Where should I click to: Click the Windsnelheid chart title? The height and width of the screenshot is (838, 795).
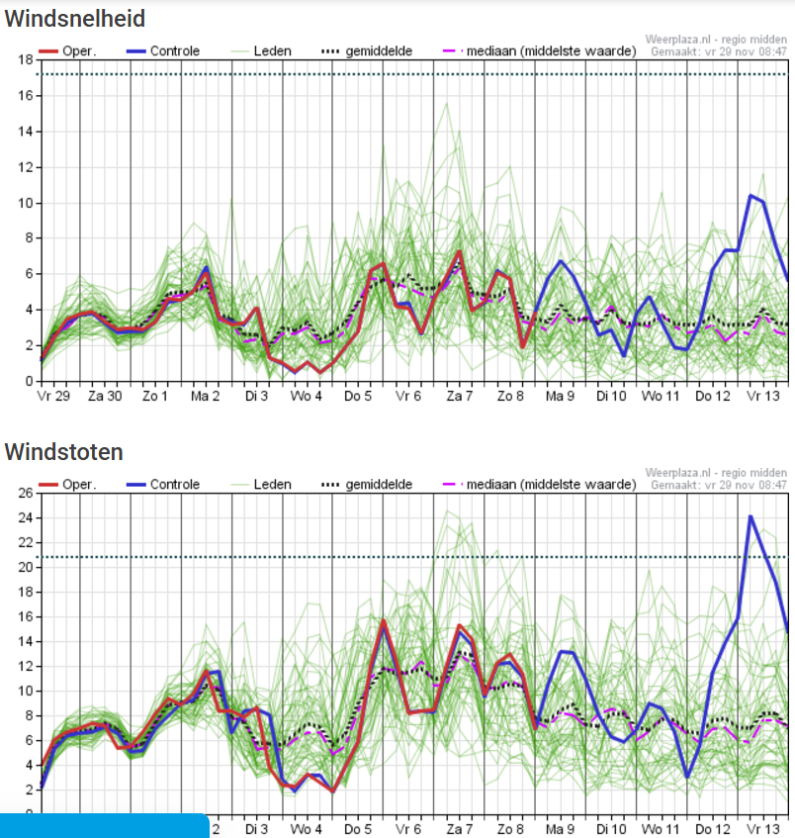[75, 19]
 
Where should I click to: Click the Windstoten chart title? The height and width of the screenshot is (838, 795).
[64, 452]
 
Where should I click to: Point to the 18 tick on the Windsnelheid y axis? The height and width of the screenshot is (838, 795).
[26, 59]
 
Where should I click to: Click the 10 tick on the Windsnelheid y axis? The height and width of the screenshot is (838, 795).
[26, 203]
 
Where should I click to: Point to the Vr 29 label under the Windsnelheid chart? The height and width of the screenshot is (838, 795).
[55, 397]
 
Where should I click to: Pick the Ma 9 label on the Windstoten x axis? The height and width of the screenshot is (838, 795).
[561, 828]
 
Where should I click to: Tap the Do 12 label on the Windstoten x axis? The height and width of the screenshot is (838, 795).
[712, 828]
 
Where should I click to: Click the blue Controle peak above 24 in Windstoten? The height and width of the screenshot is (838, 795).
[751, 515]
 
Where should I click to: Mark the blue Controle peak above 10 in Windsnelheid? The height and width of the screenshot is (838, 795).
[751, 195]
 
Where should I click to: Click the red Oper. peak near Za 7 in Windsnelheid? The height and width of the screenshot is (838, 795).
[459, 251]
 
